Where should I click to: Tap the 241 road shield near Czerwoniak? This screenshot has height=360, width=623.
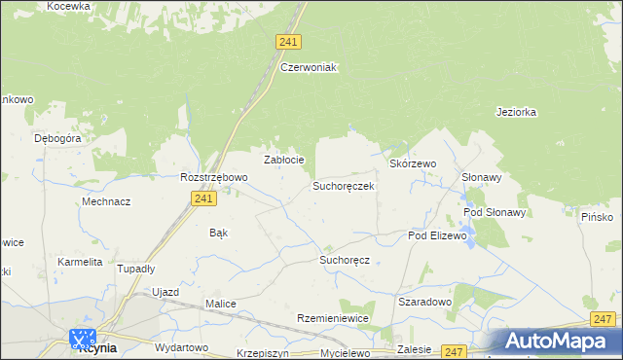(287, 42)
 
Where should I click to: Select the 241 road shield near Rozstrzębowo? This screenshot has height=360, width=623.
(202, 198)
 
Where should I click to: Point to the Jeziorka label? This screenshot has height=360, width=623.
(516, 112)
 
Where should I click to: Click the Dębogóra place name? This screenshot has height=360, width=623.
(57, 138)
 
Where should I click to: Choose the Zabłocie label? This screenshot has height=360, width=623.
(285, 160)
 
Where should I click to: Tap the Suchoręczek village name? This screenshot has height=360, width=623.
(343, 185)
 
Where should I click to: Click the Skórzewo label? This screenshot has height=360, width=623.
(413, 164)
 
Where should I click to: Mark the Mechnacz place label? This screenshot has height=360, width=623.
(106, 201)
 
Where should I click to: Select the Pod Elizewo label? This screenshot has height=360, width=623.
(438, 235)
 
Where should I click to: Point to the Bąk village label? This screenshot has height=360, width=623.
(219, 233)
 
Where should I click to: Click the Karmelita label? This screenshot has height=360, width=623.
(80, 262)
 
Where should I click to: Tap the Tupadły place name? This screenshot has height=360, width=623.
(136, 268)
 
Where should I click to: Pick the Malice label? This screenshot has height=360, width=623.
(221, 304)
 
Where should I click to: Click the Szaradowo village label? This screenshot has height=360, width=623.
(425, 302)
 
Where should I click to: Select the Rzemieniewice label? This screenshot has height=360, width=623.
(333, 319)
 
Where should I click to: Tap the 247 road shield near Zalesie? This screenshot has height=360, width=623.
(454, 350)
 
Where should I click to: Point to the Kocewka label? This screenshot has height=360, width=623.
(68, 6)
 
